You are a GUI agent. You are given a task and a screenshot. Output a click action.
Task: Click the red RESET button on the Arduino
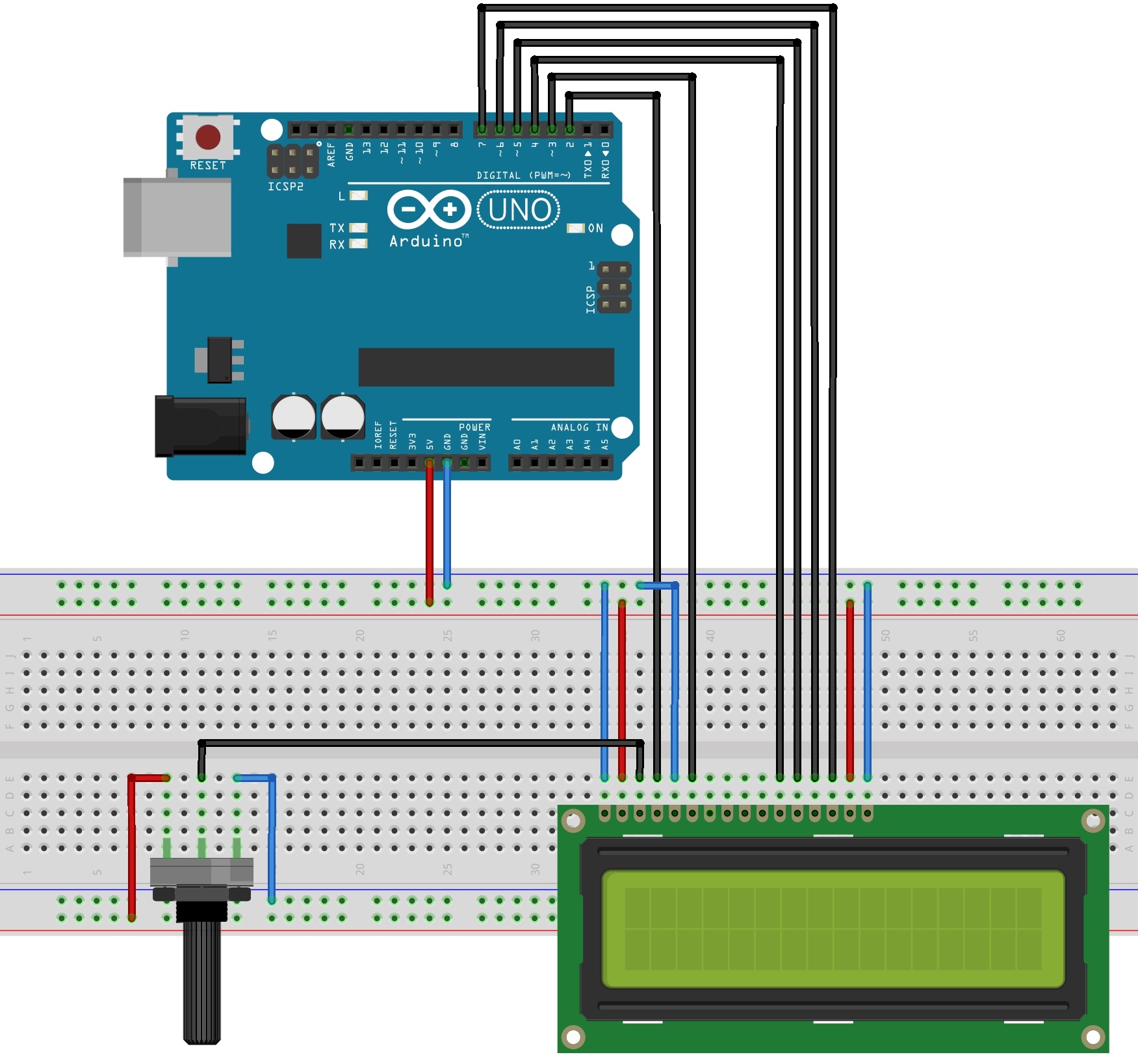tap(208, 137)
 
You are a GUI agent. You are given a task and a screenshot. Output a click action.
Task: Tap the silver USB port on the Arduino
tap(177, 216)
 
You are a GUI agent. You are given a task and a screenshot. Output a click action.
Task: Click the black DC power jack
tap(200, 426)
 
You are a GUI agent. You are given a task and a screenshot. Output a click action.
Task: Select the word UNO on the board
tap(519, 210)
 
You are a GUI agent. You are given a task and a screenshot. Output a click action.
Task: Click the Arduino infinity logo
tap(429, 209)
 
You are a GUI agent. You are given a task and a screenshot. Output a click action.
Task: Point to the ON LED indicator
tap(575, 228)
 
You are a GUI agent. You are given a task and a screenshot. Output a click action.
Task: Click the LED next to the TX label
tap(358, 228)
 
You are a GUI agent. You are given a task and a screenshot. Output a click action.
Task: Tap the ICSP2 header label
tap(285, 187)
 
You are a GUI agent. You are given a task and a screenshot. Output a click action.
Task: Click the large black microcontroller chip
tap(486, 367)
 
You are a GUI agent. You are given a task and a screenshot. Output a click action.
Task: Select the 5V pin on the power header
tap(429, 463)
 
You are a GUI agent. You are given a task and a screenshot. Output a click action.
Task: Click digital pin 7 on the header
tap(482, 129)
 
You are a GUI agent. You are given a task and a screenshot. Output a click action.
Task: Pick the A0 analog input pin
tap(517, 463)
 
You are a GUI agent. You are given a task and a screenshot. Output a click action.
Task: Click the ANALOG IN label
tap(579, 427)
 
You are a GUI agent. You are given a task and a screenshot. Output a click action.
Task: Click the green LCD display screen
tap(833, 928)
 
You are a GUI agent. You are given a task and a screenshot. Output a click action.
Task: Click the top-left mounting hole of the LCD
tap(573, 821)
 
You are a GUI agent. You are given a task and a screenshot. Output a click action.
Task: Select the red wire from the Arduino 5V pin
tap(429, 527)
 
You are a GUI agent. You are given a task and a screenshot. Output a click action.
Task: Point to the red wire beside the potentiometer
tap(132, 845)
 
